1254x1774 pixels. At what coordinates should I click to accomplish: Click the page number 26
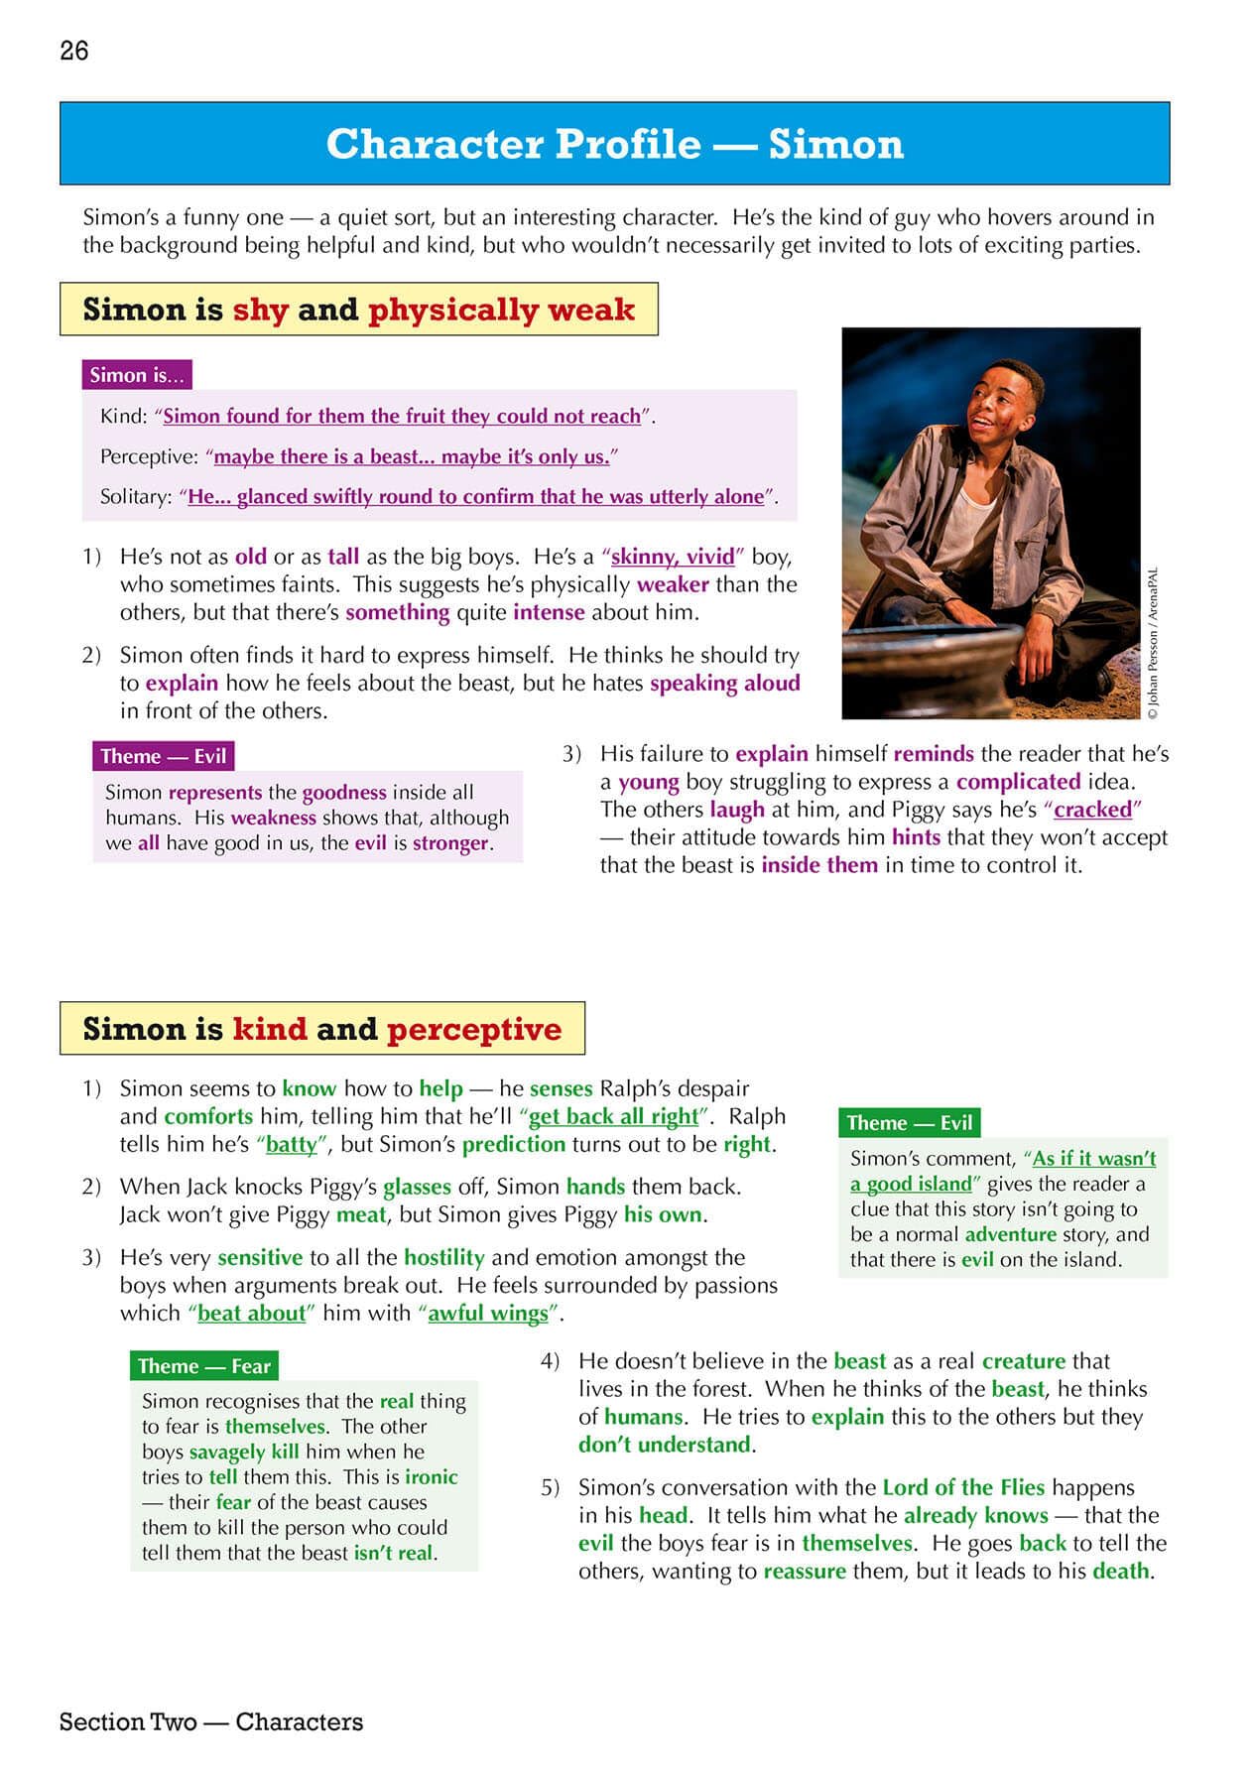[74, 51]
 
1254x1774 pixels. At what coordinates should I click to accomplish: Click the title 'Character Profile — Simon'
[614, 144]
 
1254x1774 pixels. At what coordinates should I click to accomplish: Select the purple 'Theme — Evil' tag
[164, 756]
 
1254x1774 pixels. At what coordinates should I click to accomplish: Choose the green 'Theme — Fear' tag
[203, 1366]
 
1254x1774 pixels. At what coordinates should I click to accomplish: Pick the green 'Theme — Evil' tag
[909, 1123]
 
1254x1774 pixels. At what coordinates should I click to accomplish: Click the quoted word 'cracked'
[1092, 810]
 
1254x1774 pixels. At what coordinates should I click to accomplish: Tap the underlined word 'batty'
[292, 1144]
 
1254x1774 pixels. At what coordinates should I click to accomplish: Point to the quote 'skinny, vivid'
[673, 557]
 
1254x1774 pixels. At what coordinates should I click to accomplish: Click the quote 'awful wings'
[488, 1314]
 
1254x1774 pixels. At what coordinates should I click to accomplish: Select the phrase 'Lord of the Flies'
[963, 1487]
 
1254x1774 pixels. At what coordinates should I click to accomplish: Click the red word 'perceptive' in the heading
[474, 1029]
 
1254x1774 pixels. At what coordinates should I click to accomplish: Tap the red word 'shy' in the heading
[260, 310]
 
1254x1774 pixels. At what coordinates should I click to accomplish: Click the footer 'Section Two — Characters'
[211, 1721]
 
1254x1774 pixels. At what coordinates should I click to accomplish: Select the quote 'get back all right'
[614, 1116]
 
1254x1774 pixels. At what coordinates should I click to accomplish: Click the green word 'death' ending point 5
[1122, 1571]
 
